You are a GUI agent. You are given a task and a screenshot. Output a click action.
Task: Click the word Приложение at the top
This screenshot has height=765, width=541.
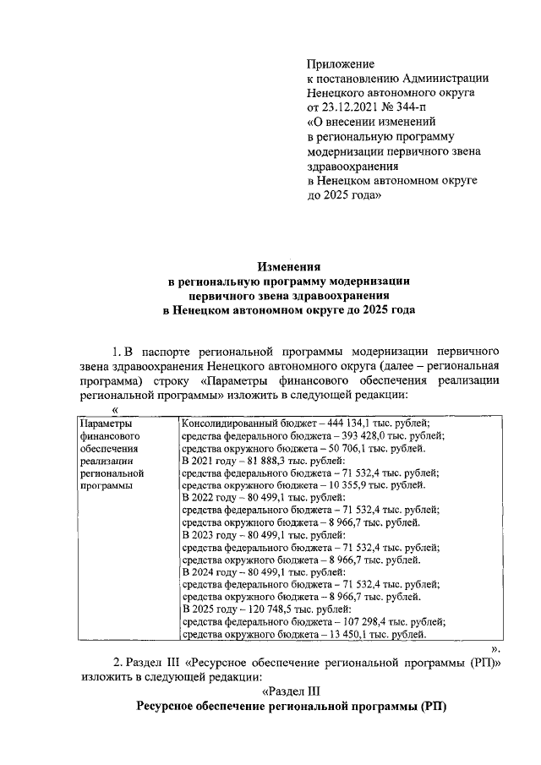pyautogui.click(x=340, y=63)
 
